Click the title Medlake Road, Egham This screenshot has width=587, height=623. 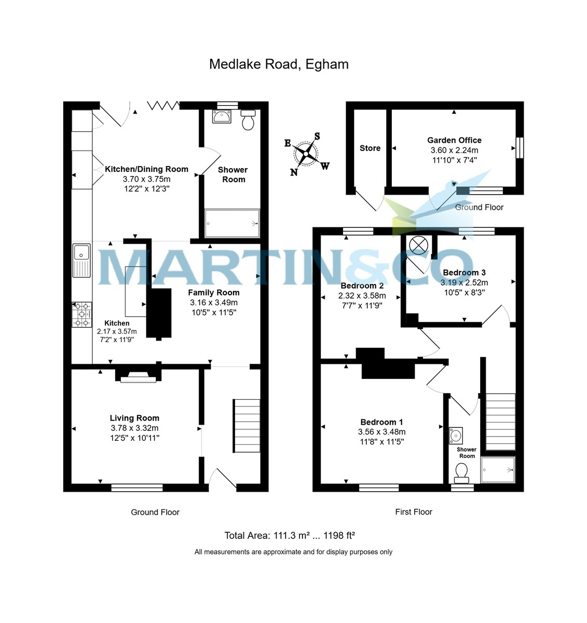(x=279, y=64)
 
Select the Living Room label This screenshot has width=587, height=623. (x=134, y=418)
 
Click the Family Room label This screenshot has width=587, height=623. (x=213, y=292)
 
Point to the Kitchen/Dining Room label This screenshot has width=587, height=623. (x=146, y=169)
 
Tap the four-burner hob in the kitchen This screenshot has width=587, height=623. (x=82, y=315)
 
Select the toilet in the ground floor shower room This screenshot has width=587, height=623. (x=248, y=120)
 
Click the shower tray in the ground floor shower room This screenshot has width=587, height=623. (x=232, y=223)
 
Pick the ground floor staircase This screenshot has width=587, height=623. (x=247, y=425)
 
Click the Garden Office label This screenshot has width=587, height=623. (x=454, y=140)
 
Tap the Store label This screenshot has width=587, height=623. (x=370, y=148)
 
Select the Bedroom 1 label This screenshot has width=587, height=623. (x=381, y=422)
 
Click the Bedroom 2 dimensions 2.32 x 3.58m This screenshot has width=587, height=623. (x=362, y=296)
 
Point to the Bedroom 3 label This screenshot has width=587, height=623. (x=464, y=273)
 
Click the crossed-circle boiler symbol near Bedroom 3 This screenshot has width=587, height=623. (x=418, y=245)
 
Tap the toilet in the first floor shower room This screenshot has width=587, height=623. (x=461, y=471)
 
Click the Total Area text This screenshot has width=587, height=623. (x=289, y=536)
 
